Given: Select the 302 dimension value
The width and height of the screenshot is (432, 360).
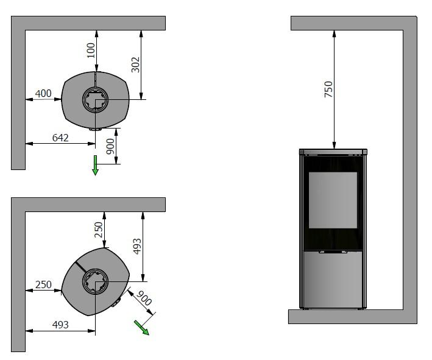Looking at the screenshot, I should pos(135,64).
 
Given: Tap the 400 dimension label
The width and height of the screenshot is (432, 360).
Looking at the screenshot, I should pos(43,93).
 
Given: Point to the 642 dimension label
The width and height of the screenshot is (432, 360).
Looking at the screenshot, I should pos(60,138).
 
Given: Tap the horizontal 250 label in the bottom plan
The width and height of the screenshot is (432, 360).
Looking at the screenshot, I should pos(43,284).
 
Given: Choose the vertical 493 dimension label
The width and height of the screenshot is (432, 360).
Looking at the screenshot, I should pos(137,246).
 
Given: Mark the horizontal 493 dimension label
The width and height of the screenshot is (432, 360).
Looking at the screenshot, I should pos(60,325).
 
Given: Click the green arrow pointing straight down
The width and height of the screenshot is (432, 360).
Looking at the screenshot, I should pos(95,165).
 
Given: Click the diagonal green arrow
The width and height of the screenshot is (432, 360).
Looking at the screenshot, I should pos(142,327).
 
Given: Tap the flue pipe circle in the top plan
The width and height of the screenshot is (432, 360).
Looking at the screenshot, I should pos(95,100).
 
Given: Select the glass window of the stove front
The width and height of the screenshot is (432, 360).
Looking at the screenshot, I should pos(333,200).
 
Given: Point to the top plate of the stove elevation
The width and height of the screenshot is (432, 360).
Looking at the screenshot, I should pos(333,151).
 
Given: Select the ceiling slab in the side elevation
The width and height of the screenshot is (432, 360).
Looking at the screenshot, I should pos(353,23).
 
